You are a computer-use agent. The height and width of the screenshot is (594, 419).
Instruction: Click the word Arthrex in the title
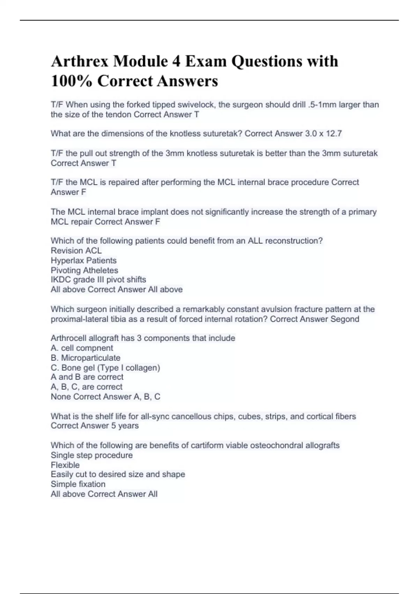[80, 61]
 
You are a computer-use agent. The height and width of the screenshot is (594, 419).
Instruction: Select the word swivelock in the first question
[197, 105]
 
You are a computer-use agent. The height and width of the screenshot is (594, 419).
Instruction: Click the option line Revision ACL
[76, 251]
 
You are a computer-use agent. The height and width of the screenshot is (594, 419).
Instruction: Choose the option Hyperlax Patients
[83, 260]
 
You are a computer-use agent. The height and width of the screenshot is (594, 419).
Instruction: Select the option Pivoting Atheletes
[84, 270]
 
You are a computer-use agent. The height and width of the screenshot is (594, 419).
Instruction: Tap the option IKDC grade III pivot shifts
[98, 280]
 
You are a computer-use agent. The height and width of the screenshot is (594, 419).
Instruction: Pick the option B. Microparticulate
[85, 358]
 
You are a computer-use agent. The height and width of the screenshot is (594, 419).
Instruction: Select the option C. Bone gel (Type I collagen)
[105, 368]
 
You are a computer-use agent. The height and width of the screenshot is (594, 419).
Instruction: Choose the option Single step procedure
[91, 455]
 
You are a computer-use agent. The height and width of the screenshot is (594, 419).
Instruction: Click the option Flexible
[65, 465]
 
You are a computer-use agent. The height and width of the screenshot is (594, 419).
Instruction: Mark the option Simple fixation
[78, 484]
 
